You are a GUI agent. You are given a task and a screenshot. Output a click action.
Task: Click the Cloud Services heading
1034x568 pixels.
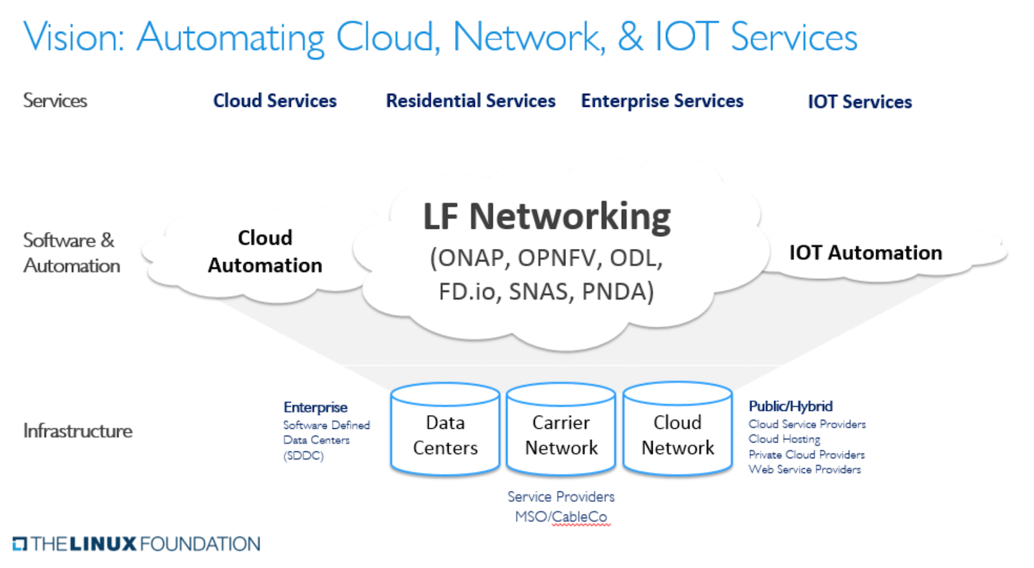(x=274, y=101)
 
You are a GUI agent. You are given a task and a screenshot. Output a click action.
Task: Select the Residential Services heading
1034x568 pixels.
(x=470, y=101)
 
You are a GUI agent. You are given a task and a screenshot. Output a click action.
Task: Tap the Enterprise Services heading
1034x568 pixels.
(x=662, y=101)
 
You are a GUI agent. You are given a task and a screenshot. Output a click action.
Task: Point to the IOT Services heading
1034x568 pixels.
(x=860, y=101)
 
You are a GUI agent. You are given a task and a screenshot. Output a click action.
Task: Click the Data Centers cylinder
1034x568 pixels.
(x=445, y=429)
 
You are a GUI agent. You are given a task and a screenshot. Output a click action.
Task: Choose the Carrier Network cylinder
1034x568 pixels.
(x=561, y=429)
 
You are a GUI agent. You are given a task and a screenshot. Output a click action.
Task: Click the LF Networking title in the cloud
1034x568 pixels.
(x=547, y=216)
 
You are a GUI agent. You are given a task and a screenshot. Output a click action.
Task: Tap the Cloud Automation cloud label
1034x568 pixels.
(x=265, y=252)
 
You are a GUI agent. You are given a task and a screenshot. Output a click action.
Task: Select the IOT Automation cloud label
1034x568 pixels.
(x=866, y=252)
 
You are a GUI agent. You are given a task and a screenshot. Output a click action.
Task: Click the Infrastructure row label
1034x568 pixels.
(x=77, y=431)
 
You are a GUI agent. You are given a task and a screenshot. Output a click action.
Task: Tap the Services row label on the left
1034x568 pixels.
(x=55, y=100)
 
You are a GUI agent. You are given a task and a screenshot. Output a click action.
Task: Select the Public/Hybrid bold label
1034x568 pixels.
(x=791, y=406)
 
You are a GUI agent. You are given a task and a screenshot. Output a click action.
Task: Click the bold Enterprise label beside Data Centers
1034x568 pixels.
(x=315, y=407)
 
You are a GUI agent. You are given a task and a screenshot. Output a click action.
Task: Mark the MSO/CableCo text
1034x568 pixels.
(x=561, y=516)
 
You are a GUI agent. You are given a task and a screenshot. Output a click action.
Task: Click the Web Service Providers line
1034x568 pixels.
(x=804, y=469)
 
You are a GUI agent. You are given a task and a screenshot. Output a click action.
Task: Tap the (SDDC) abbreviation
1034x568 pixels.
(x=303, y=456)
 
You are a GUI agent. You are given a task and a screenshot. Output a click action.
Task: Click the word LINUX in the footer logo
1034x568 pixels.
(x=103, y=544)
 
